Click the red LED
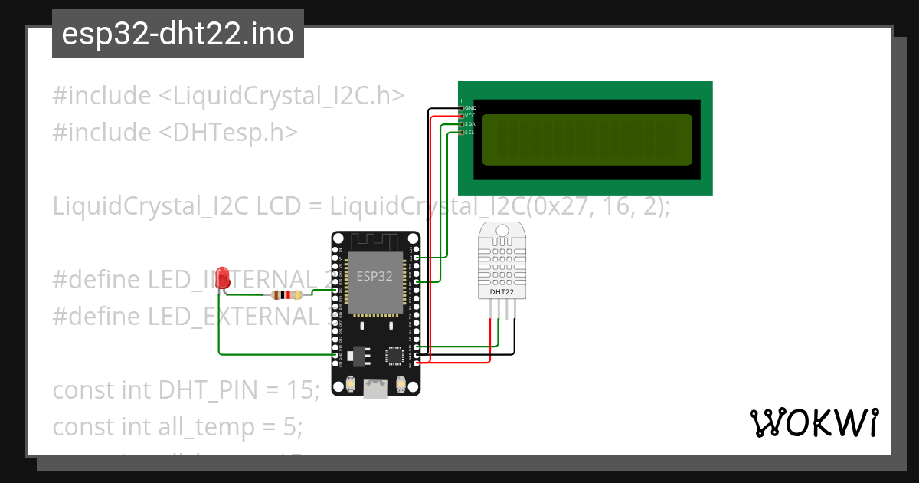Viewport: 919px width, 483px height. click(223, 277)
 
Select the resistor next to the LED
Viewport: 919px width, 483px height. click(286, 295)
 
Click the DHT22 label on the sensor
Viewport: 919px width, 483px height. click(497, 292)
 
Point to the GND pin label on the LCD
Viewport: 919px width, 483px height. click(470, 108)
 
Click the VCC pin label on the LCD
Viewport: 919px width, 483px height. click(470, 116)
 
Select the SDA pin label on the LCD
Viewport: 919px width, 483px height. click(470, 124)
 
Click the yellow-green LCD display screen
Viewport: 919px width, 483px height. click(587, 140)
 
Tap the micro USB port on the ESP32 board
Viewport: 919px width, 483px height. click(375, 390)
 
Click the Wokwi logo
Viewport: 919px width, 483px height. click(813, 422)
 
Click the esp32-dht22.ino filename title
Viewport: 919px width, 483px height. click(178, 34)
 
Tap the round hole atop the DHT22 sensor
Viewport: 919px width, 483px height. click(502, 230)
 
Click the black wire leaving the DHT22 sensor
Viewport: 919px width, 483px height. click(514, 337)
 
